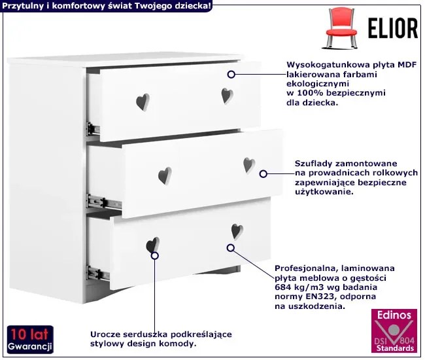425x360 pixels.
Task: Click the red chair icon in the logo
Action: (x=341, y=28)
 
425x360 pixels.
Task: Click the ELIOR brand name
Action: (x=393, y=28)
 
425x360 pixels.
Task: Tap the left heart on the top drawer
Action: (x=143, y=102)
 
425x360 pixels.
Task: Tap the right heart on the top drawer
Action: (x=227, y=96)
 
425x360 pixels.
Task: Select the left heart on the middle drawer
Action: (x=165, y=175)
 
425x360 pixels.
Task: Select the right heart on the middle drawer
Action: (x=249, y=165)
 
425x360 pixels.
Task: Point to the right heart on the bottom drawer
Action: (x=237, y=232)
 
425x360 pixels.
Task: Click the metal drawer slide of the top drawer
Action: (x=93, y=128)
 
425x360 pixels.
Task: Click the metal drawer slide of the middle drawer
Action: (x=104, y=202)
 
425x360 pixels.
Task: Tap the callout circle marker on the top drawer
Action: (x=231, y=75)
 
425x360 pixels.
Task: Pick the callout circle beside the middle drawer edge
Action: (x=263, y=174)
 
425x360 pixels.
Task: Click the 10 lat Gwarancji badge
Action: (x=30, y=340)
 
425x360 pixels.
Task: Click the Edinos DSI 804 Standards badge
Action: (x=394, y=331)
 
